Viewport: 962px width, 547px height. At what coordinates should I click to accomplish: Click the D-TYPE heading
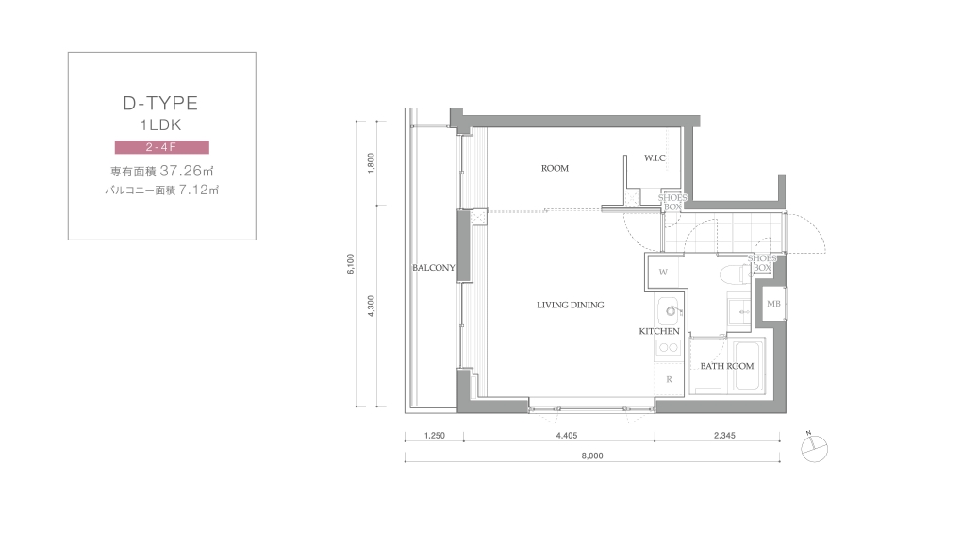(x=160, y=103)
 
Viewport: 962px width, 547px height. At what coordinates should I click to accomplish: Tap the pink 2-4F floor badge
(x=162, y=147)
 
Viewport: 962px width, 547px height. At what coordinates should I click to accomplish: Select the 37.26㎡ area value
(x=187, y=171)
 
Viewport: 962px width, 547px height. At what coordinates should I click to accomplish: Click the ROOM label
(x=555, y=168)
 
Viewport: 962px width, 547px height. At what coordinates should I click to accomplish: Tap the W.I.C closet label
(x=655, y=158)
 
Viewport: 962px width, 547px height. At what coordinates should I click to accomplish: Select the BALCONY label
(x=434, y=267)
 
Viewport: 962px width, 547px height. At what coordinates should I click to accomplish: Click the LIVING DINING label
(x=571, y=305)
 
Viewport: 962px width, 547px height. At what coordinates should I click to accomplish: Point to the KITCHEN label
(x=659, y=331)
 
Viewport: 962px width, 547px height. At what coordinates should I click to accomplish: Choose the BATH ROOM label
(x=727, y=366)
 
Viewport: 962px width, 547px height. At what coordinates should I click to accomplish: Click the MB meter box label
(x=773, y=304)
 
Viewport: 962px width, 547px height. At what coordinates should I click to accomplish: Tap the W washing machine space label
(x=663, y=273)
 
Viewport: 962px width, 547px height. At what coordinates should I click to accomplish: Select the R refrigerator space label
(x=669, y=379)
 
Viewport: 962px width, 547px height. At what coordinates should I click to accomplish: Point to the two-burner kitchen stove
(x=668, y=348)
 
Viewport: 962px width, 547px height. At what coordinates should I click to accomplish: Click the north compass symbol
(x=814, y=448)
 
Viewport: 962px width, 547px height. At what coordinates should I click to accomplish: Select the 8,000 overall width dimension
(x=592, y=456)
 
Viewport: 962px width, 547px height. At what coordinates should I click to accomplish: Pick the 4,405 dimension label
(x=566, y=436)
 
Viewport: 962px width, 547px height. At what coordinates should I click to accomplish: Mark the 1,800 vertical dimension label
(x=371, y=163)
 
